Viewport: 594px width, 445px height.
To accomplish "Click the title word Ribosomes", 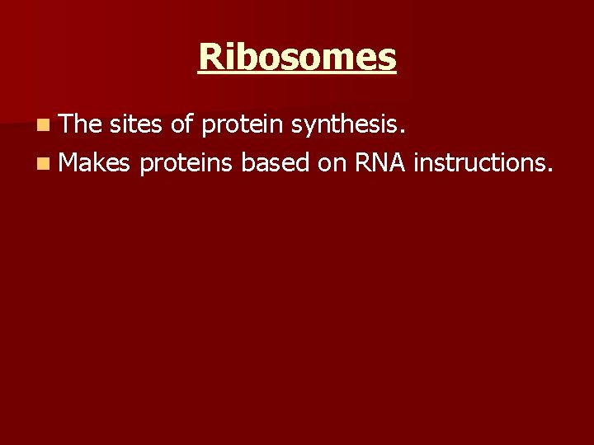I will click(x=297, y=57).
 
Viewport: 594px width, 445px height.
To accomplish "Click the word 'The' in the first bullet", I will click(x=80, y=124).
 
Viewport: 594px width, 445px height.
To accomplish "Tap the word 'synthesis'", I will click(x=347, y=125).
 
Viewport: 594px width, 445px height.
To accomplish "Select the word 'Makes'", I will click(x=95, y=163).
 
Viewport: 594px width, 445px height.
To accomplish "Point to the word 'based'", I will click(x=274, y=163).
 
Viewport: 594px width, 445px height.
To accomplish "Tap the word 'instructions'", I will click(x=478, y=163).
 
